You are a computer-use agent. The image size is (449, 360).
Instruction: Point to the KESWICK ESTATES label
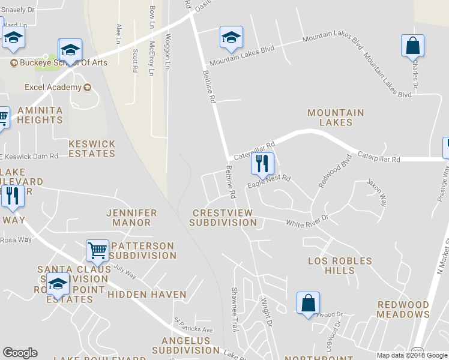click(92, 149)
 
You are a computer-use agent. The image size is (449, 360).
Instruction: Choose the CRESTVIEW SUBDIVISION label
click(223, 218)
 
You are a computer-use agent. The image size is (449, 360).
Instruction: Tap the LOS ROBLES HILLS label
click(340, 266)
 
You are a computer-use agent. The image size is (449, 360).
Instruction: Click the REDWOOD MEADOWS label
click(403, 310)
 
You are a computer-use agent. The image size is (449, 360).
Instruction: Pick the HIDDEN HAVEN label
click(147, 295)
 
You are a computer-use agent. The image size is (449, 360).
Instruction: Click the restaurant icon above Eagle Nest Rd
click(262, 163)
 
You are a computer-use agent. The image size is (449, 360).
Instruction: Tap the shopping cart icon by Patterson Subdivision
click(97, 250)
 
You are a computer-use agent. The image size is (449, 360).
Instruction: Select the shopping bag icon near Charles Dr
click(412, 45)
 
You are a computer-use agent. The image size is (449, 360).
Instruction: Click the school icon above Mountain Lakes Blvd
click(231, 37)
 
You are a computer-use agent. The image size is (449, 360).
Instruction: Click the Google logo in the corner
click(20, 353)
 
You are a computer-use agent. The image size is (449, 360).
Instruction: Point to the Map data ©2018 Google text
click(412, 355)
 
